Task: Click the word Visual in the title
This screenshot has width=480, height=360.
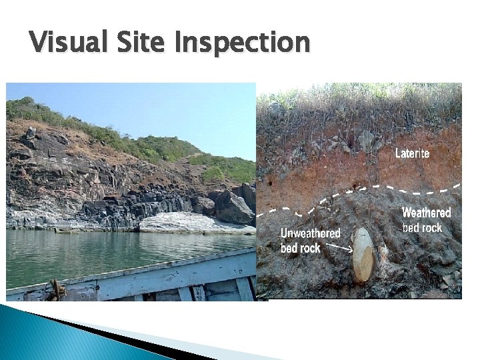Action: click(x=65, y=43)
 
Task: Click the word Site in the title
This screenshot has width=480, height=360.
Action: click(x=137, y=43)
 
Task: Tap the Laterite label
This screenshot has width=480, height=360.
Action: click(x=412, y=153)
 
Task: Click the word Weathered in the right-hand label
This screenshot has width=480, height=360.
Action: click(x=426, y=213)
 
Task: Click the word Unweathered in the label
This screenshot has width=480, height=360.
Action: click(x=310, y=233)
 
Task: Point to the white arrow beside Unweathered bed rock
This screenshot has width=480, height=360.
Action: click(x=339, y=249)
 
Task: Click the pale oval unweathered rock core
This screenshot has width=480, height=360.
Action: click(x=363, y=255)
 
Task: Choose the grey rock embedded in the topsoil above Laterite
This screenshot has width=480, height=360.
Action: click(x=365, y=140)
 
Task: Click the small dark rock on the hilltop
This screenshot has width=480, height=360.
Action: click(x=31, y=133)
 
